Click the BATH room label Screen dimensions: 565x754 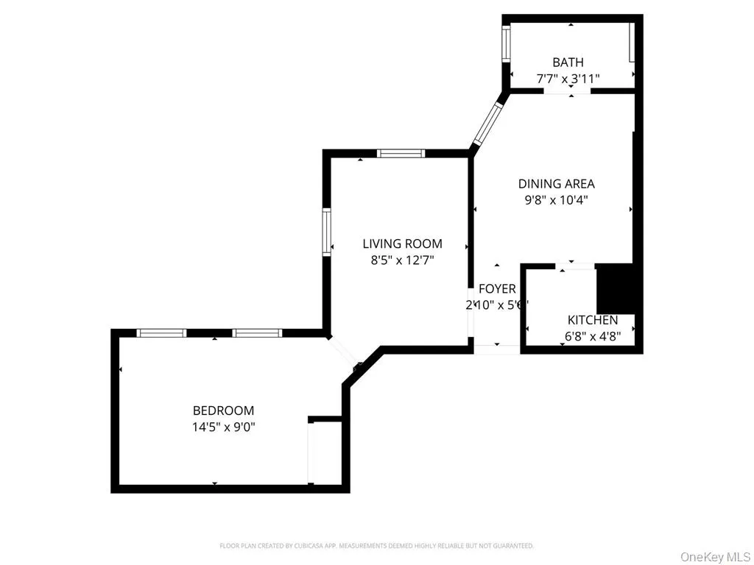point(568,63)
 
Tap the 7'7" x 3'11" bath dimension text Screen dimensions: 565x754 point(568,78)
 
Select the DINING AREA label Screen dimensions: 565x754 point(556,184)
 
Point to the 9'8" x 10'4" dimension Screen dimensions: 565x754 point(556,199)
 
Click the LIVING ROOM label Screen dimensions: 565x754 point(402,244)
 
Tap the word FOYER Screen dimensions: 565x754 point(497,289)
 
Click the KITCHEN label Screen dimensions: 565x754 point(592,320)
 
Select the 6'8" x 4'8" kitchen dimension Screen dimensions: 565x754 point(592,335)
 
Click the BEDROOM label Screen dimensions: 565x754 point(223,411)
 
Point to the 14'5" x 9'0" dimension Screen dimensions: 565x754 point(223,425)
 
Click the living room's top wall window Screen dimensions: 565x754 point(401,153)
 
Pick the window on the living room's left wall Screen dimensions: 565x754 point(326,232)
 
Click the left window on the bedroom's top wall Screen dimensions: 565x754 point(162,333)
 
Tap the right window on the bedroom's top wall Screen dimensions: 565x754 point(258,333)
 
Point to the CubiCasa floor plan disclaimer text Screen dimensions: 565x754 point(376,546)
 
